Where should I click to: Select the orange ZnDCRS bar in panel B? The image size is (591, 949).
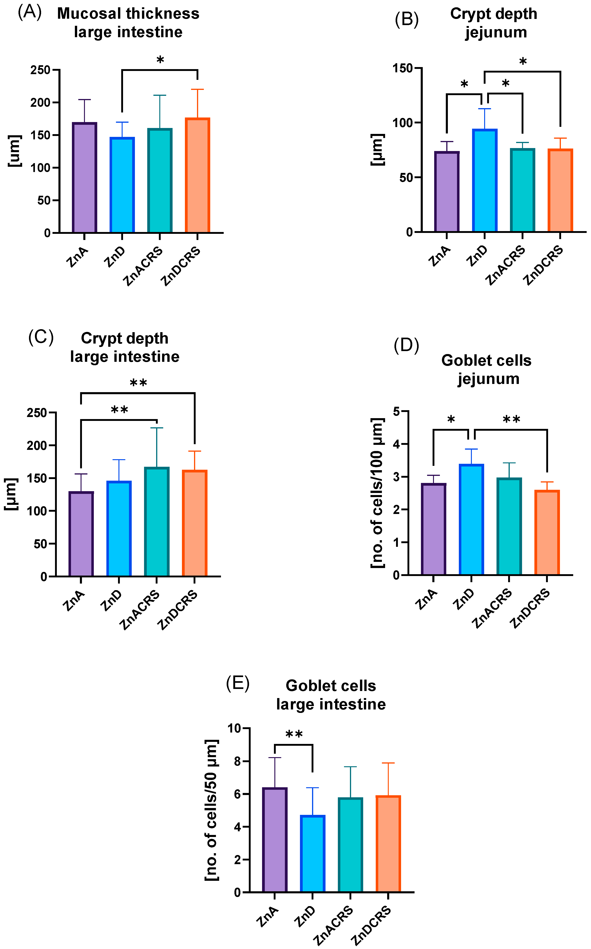click(560, 190)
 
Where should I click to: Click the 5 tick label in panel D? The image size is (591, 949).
click(397, 411)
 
